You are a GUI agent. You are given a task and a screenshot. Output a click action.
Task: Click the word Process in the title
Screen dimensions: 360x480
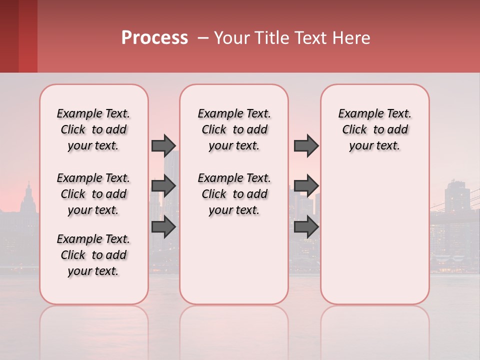[x=154, y=38]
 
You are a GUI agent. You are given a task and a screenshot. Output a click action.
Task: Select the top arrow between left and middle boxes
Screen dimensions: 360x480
[x=163, y=145]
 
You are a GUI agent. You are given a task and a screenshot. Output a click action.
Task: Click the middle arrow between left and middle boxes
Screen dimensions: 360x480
[x=163, y=186]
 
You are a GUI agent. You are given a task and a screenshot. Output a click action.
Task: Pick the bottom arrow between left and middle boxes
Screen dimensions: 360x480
[x=163, y=226]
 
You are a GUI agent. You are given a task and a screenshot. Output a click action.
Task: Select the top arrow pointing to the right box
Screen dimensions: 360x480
[x=306, y=145]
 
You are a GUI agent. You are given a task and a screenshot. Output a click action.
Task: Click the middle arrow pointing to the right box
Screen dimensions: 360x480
[x=306, y=186]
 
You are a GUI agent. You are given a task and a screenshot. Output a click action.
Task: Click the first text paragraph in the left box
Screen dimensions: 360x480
[x=93, y=129]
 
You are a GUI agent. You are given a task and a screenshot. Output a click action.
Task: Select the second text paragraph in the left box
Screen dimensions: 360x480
[x=93, y=194]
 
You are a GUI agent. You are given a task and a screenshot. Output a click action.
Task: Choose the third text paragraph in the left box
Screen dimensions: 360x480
[x=93, y=255]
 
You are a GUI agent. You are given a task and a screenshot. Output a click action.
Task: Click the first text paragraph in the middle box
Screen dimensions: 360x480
[x=234, y=129]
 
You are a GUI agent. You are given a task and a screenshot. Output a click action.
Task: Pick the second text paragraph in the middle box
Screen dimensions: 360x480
[x=234, y=194]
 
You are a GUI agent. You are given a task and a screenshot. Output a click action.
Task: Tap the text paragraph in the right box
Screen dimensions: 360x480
[x=374, y=129]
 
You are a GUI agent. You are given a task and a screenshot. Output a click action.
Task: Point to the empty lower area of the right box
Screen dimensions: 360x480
[x=374, y=235]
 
